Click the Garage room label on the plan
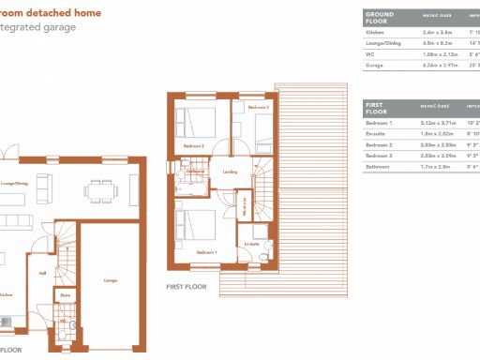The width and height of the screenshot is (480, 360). tap(110, 280)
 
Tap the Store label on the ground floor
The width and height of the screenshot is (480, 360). tap(65, 295)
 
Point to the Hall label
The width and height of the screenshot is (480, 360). tap(42, 274)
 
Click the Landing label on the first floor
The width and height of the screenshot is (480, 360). tap(230, 171)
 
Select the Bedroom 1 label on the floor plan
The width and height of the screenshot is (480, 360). tap(206, 253)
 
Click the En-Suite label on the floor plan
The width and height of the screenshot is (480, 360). tap(250, 245)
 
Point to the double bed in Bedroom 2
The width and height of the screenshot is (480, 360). tap(195, 124)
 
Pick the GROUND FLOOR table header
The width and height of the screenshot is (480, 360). tap(380, 18)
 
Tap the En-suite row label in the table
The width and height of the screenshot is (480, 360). tap(377, 134)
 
